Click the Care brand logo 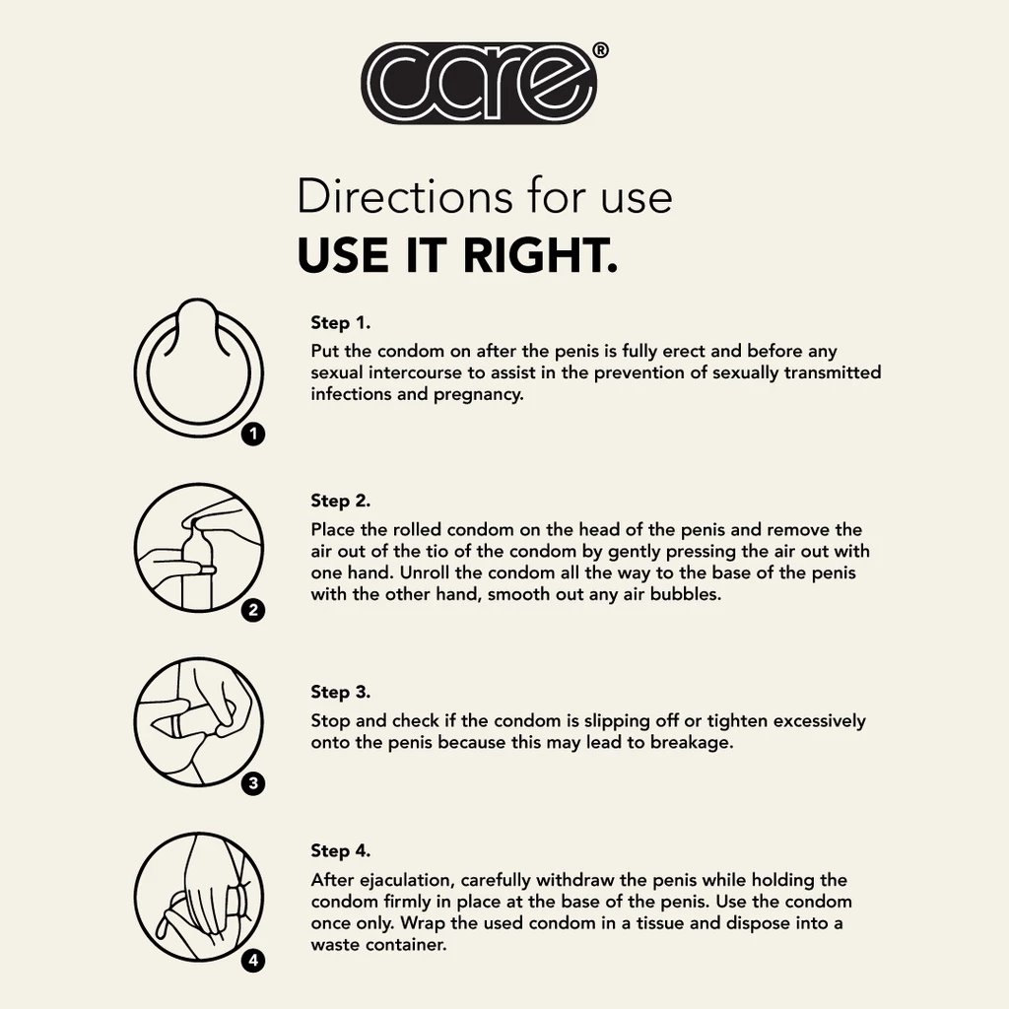(x=479, y=83)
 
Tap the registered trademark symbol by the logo (x=599, y=50)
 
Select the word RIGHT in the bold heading (x=539, y=255)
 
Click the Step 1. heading (x=340, y=322)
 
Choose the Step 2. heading (x=340, y=501)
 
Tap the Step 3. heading (x=340, y=692)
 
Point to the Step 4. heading (x=340, y=850)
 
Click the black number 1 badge (x=253, y=435)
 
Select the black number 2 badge (x=253, y=609)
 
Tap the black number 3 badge (x=253, y=783)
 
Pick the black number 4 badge (x=253, y=961)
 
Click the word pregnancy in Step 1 (x=478, y=395)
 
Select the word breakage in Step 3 (x=692, y=743)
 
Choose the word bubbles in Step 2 (x=686, y=594)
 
